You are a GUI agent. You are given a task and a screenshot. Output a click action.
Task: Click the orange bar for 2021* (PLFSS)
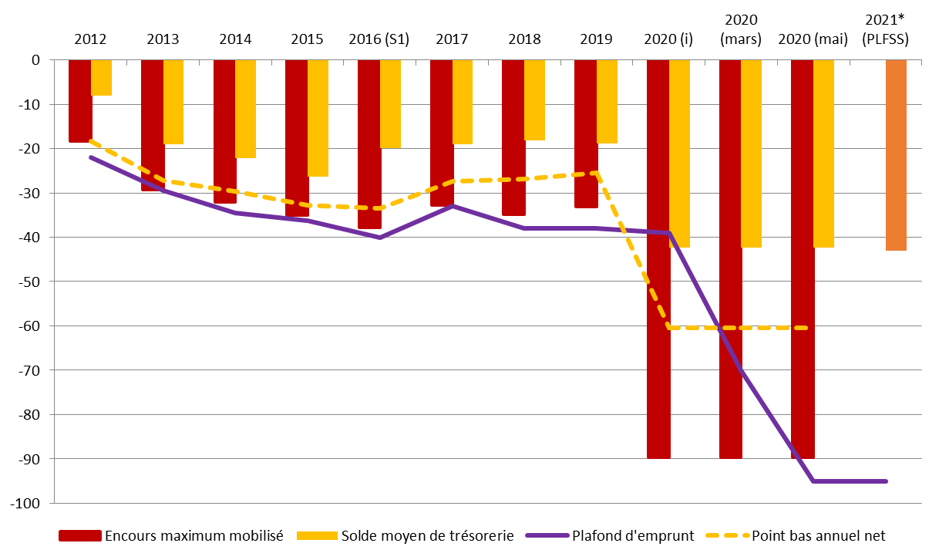coord(896,154)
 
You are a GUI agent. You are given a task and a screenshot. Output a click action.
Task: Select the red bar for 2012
coord(79,100)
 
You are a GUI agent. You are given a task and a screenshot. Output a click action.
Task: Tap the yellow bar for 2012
coord(101,77)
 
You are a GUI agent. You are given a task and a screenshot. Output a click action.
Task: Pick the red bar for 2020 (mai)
coord(803,258)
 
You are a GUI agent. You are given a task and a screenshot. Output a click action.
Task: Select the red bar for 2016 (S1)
coord(369,143)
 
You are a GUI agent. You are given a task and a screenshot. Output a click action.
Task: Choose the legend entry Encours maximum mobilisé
coord(193,535)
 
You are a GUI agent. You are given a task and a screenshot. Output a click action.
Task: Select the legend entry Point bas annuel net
coord(818,535)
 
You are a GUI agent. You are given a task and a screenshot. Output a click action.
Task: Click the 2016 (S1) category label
coord(379,39)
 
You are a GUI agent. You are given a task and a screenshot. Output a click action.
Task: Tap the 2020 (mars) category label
coord(740,29)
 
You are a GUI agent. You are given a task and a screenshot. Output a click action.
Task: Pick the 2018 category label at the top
coord(524,39)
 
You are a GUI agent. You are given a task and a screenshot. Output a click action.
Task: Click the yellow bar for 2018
coord(534,100)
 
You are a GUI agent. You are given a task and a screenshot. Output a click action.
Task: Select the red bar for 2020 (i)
coord(658,258)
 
